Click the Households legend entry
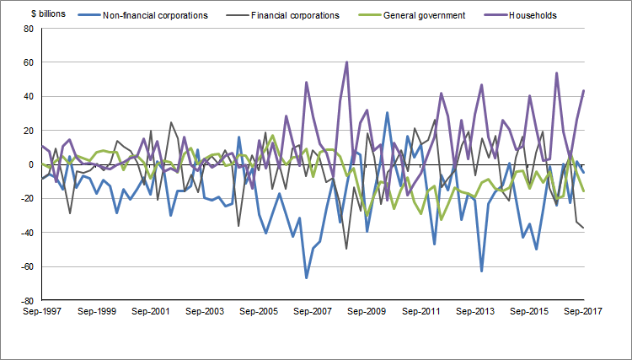point(533,15)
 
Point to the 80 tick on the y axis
point(28,29)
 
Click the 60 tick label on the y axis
point(28,62)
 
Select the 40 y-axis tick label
point(28,96)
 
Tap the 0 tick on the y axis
point(30,164)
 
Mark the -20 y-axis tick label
point(26,198)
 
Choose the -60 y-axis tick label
point(26,266)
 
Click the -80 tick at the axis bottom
point(26,300)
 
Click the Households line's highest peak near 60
point(346,62)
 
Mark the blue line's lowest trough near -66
point(306,277)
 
